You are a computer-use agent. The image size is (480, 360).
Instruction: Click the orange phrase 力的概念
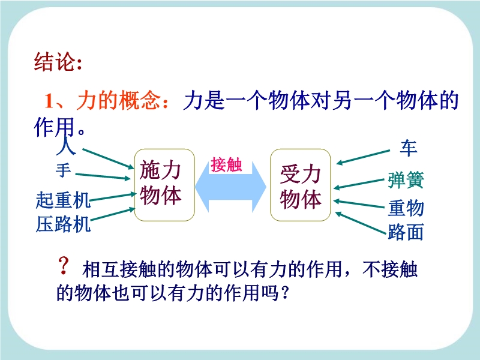point(118,100)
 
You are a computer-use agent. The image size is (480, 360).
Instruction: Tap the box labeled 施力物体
point(164,185)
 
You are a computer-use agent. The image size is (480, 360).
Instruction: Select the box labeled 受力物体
point(301,185)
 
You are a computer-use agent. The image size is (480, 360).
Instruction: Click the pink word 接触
point(226,164)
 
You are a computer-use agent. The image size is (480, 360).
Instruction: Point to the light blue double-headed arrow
point(230,187)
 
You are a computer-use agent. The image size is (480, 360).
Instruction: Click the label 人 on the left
point(66,146)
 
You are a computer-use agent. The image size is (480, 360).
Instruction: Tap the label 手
point(64,170)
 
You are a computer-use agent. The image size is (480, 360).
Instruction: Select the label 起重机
point(63,200)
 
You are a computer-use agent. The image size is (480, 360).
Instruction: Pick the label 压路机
point(63,224)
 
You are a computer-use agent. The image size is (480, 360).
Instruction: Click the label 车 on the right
point(409,148)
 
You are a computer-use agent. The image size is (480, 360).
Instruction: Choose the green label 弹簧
point(406,180)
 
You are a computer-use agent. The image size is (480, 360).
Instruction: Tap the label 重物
point(406,208)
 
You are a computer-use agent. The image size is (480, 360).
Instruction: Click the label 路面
point(406,232)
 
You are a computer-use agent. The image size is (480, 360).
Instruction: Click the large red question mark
point(64,266)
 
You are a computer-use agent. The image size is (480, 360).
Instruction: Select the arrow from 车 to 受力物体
point(363,157)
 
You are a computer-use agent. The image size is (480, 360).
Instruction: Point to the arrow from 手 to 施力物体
point(103,176)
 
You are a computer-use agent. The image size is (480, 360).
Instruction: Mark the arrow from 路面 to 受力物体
point(361,223)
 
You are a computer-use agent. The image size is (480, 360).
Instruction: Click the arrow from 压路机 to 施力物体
point(113,214)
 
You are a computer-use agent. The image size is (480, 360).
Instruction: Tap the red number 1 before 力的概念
point(50,101)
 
